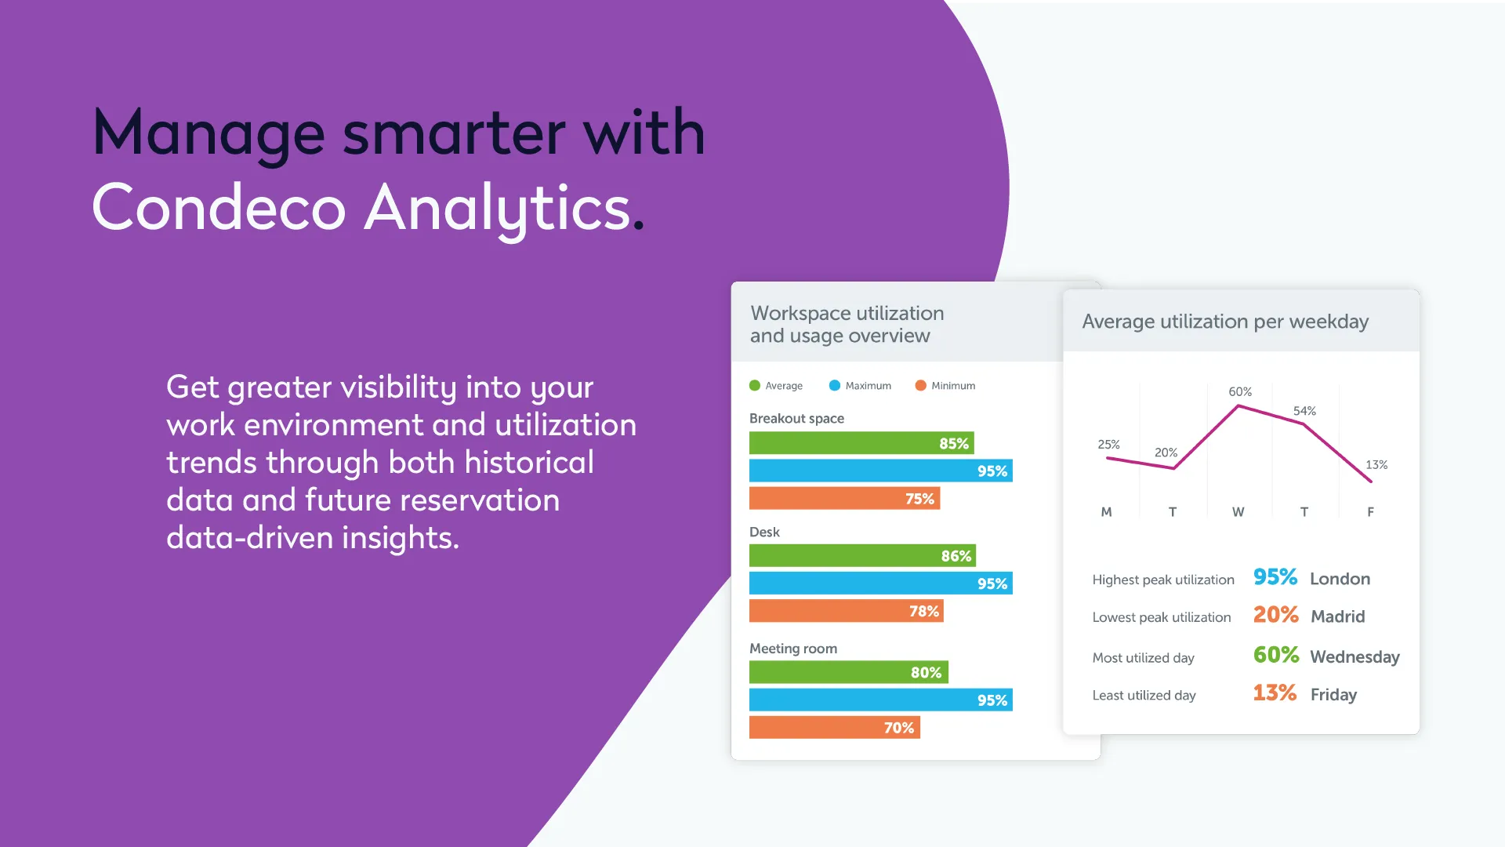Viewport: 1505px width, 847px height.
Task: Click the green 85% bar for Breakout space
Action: point(861,443)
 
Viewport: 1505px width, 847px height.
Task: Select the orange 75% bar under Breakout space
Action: point(844,498)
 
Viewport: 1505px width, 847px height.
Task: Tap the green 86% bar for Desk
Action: point(862,555)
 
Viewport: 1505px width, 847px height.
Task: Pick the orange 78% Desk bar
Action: point(847,611)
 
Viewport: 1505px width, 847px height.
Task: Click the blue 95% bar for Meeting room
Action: point(881,700)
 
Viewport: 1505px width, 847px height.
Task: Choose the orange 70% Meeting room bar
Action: point(835,727)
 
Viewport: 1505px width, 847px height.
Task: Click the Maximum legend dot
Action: point(835,385)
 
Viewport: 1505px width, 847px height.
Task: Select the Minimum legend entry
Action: point(945,385)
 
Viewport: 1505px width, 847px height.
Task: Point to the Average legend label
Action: point(784,386)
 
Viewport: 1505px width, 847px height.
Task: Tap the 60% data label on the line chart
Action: point(1240,391)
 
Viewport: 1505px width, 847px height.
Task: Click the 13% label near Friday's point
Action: point(1376,464)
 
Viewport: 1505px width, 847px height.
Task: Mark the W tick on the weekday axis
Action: point(1238,511)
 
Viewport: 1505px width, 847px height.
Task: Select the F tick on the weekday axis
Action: point(1370,511)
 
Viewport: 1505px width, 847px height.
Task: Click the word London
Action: point(1340,579)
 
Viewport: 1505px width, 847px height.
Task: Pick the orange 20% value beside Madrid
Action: point(1275,615)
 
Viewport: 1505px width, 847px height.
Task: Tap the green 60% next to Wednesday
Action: point(1276,655)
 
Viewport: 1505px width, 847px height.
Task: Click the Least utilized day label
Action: point(1144,696)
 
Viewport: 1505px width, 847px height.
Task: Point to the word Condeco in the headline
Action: point(219,207)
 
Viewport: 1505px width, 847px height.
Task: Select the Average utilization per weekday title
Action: point(1225,322)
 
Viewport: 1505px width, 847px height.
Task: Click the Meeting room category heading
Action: point(793,649)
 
